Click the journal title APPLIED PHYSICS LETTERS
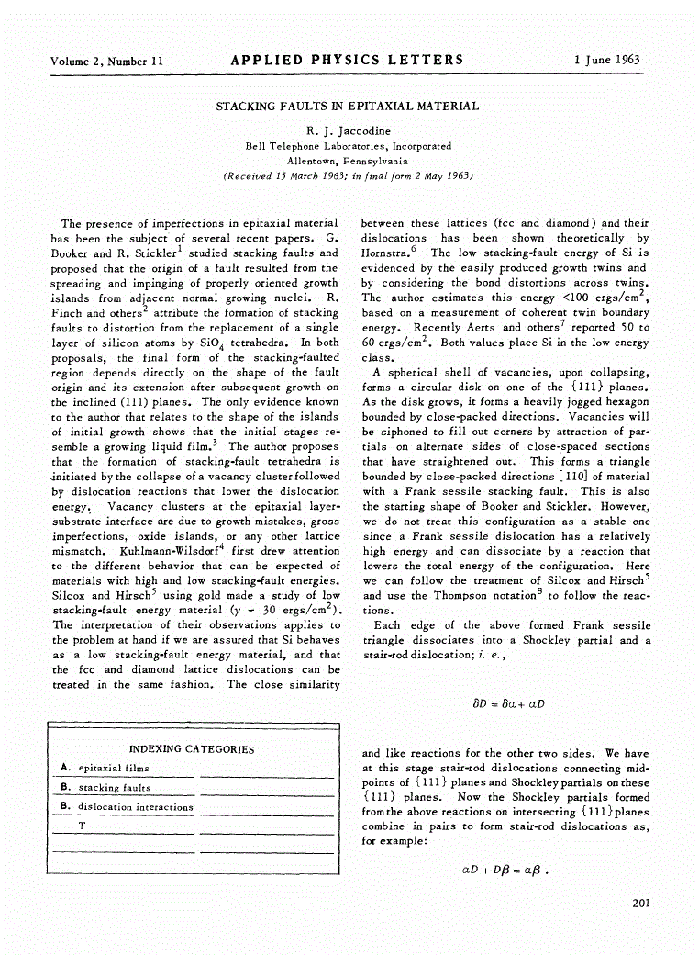(348, 61)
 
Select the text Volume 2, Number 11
(107, 62)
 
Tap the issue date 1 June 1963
(606, 61)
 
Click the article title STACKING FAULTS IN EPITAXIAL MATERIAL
(347, 107)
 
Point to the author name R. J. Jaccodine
(348, 130)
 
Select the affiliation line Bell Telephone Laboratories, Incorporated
(348, 145)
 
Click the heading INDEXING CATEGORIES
(192, 749)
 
